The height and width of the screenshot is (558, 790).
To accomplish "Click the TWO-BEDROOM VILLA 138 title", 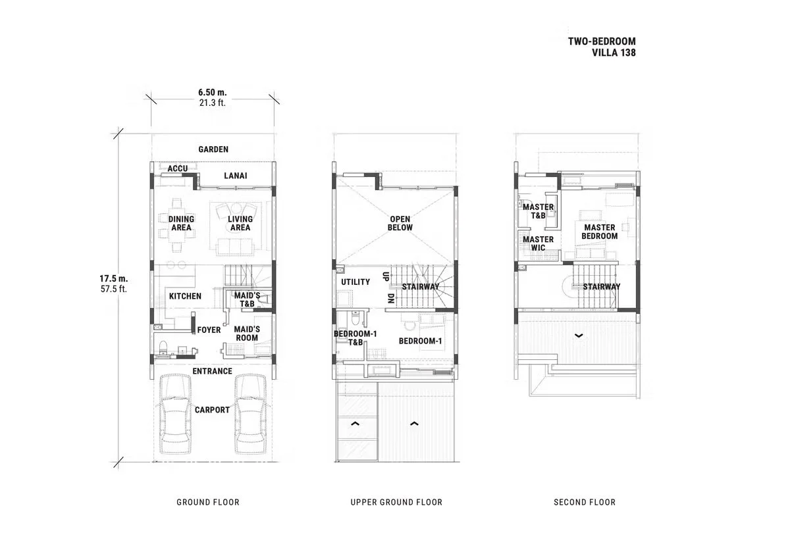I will (602, 47).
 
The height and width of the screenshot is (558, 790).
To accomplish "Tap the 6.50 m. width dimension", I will (212, 93).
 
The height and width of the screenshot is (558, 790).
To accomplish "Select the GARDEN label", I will (213, 149).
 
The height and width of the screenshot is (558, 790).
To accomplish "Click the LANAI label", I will (235, 176).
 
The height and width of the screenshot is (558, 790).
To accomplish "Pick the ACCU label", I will (178, 169).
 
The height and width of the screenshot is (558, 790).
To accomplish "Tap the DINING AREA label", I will (181, 224).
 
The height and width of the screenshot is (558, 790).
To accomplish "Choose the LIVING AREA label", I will (240, 224).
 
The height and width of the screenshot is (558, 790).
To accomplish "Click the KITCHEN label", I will (185, 296).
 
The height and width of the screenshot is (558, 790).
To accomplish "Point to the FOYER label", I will (209, 330).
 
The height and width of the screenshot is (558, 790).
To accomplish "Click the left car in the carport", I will (176, 414).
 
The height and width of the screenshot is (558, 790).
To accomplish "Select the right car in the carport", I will (250, 414).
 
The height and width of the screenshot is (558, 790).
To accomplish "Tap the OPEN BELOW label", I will (400, 224).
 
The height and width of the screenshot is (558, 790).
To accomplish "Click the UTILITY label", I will (355, 282).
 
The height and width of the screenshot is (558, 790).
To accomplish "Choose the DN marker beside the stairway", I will (390, 298).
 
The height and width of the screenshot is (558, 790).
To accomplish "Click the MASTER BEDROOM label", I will (600, 232).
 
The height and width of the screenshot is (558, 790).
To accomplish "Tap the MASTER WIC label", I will (538, 243).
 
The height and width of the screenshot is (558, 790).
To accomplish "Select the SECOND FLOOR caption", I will (585, 502).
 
